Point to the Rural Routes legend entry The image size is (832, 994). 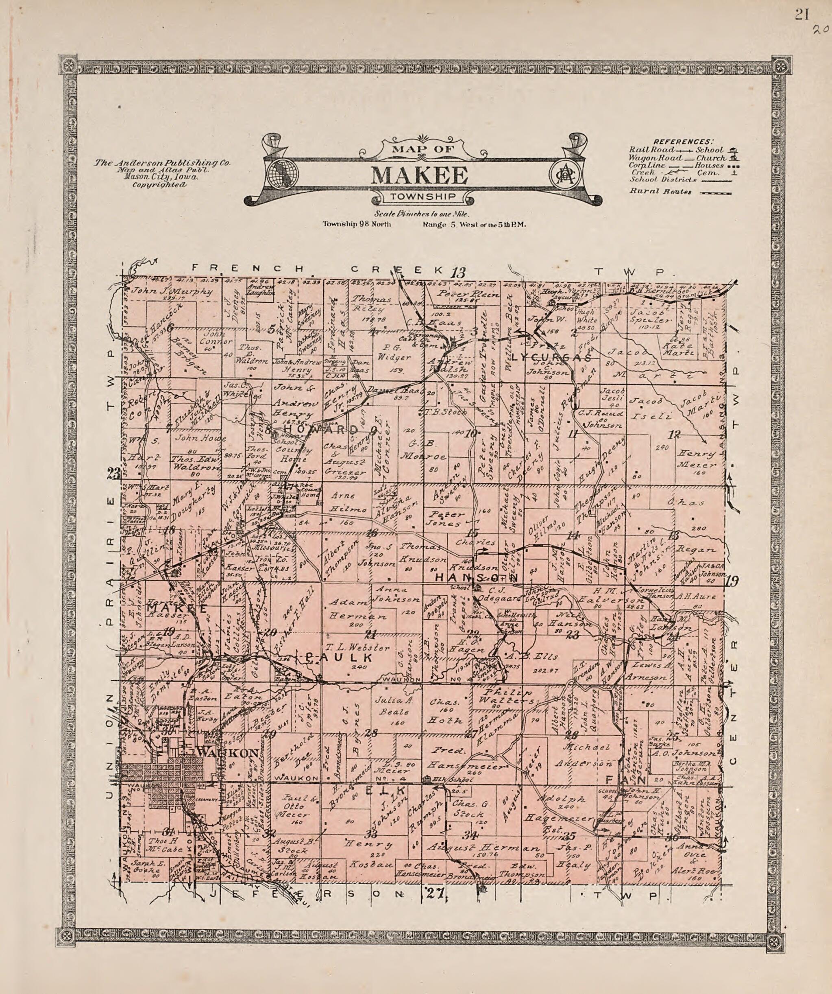(x=660, y=192)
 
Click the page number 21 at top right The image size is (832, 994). (x=801, y=15)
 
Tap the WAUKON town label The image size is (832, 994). (x=228, y=753)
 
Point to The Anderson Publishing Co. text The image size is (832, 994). (x=162, y=162)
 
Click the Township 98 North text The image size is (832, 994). (x=357, y=224)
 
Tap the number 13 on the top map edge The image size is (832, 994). (x=458, y=273)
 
